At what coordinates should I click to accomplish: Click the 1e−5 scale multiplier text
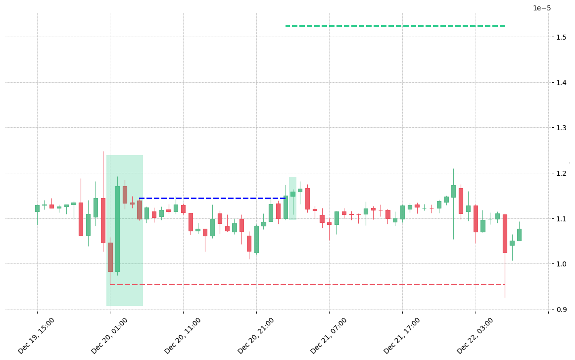[x=542, y=8]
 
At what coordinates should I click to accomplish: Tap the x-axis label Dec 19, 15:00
[x=36, y=336]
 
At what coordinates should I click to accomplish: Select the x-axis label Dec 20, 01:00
[x=109, y=336]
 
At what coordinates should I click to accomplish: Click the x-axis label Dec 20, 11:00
[x=183, y=336]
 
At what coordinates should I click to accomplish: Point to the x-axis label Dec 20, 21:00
[x=256, y=336]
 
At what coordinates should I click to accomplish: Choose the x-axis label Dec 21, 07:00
[x=329, y=336]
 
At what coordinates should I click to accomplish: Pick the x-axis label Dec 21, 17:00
[x=402, y=336]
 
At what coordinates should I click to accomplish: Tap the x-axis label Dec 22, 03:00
[x=475, y=336]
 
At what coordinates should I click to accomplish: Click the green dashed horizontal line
[x=395, y=26]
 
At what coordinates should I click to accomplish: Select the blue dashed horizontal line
[x=212, y=199]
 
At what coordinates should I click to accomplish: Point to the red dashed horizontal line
[x=307, y=284]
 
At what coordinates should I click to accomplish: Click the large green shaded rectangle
[x=125, y=230]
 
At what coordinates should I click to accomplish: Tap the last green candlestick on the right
[x=519, y=235]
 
